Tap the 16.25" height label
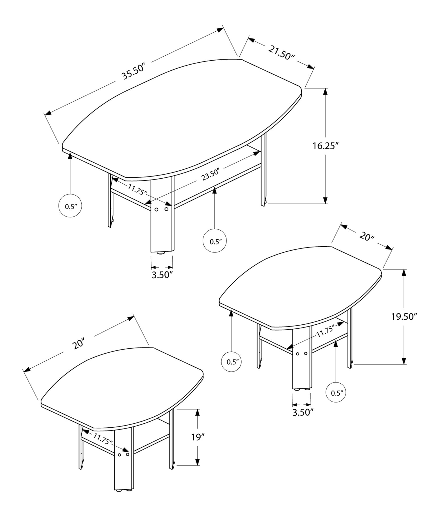click(x=325, y=146)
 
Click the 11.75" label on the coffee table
click(x=137, y=189)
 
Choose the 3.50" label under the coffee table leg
click(x=162, y=275)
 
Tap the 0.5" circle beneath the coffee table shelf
click(x=214, y=241)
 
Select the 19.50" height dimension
click(x=404, y=316)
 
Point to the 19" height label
click(x=198, y=437)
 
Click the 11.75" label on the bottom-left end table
click(x=103, y=439)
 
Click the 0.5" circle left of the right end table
click(x=231, y=362)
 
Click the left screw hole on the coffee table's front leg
click(x=156, y=209)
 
